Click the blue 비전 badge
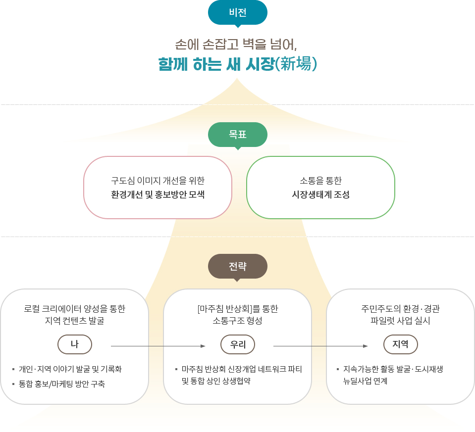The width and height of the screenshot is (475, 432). tap(238, 13)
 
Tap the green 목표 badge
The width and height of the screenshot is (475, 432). tap(238, 135)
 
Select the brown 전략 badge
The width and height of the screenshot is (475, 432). tap(238, 266)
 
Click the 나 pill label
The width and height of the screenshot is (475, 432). tap(74, 344)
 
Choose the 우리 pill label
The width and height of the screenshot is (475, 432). tap(238, 344)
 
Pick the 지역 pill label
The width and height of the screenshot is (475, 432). tap(401, 344)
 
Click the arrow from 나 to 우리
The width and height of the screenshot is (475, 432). tap(158, 346)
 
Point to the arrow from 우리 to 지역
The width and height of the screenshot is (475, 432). tap(320, 346)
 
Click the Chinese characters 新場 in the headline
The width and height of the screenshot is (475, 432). tap(296, 64)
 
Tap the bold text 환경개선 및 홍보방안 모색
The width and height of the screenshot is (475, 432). tap(158, 194)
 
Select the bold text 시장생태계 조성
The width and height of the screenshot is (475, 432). tap(320, 194)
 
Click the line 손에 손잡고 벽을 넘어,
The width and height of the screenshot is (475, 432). tap(236, 45)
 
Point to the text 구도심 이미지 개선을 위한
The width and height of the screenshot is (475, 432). tap(158, 181)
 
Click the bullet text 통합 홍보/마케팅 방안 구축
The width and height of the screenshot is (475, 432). tap(62, 384)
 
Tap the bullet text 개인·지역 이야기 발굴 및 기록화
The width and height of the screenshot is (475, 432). tap(70, 369)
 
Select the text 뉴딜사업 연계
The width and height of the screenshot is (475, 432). tap(366, 381)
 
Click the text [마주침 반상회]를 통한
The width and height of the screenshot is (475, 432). tap(238, 309)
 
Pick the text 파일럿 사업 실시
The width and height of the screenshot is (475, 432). tap(400, 321)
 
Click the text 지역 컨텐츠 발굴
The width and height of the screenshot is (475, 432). tap(74, 321)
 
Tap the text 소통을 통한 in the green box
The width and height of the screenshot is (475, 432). tap(320, 181)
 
